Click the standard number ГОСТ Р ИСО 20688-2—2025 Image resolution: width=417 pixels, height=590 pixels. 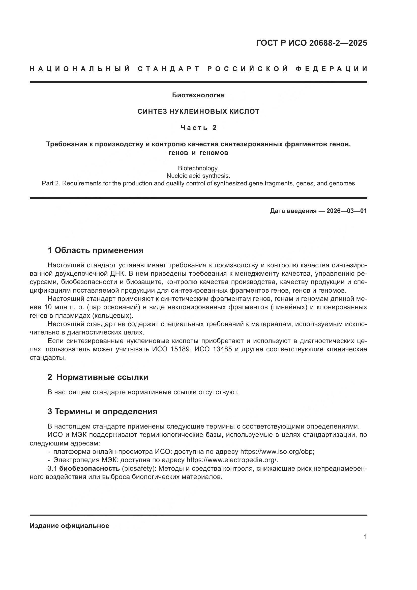click(311, 43)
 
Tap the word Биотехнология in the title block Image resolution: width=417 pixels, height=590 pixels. click(198, 95)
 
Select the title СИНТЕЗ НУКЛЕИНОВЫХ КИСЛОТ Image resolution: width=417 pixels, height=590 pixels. click(198, 111)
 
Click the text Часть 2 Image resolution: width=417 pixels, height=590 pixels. click(198, 128)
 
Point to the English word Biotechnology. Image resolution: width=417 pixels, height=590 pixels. click(198, 168)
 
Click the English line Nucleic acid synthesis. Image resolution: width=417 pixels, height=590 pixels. click(198, 176)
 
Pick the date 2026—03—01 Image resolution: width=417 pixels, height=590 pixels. click(347, 211)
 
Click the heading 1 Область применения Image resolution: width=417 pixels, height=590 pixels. click(96, 250)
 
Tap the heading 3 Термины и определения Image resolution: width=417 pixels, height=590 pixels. click(102, 411)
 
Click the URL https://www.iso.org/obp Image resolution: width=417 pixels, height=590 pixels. click(277, 452)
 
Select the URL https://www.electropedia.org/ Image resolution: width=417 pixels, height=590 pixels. click(232, 460)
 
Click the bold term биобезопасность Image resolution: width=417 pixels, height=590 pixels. click(89, 468)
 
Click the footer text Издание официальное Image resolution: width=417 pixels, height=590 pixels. click(69, 526)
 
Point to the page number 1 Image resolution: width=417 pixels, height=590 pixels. click(365, 537)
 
